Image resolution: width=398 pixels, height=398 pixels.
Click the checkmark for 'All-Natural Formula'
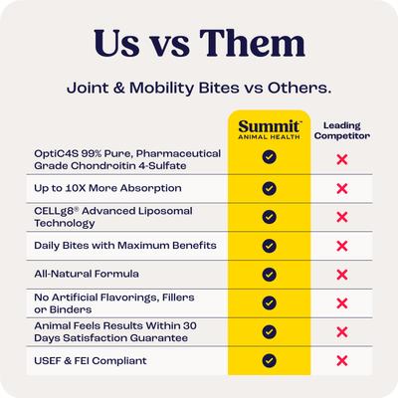coord(269,274)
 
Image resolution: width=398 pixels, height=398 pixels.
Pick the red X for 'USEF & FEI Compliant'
coord(342,360)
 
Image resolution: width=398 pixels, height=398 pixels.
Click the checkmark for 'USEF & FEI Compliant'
coord(269,360)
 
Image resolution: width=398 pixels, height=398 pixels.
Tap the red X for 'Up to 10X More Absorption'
coord(342,187)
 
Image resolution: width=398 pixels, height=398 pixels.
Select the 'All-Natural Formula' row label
coord(88,274)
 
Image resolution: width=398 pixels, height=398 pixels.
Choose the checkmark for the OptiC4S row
coord(269,157)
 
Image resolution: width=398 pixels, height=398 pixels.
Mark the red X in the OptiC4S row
coord(342,158)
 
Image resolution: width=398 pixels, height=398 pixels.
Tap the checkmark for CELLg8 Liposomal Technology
coord(269,216)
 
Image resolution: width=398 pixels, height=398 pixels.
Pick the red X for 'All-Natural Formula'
coord(342,274)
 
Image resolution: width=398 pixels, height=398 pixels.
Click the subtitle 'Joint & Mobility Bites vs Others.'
coord(199,88)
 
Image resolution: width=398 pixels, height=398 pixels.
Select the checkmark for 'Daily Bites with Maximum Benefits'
coord(269,245)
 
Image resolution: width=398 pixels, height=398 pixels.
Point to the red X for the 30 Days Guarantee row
coord(342,331)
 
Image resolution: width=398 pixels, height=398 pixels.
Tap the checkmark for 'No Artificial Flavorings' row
coord(269,302)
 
